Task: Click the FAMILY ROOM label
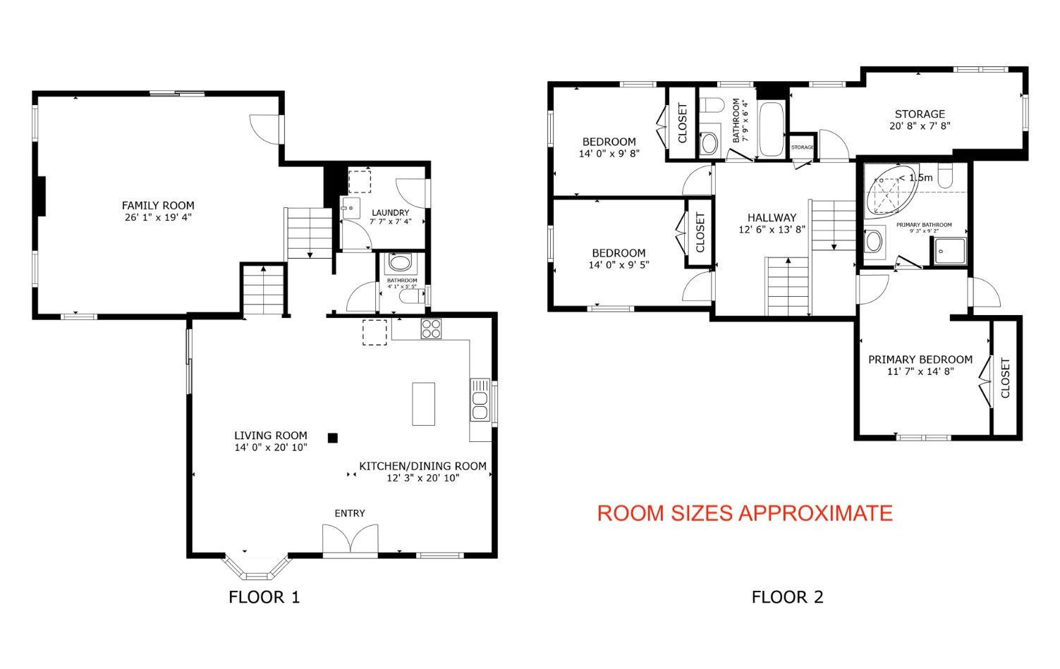coord(158,205)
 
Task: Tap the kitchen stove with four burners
coord(431,329)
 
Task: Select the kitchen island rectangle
coord(424,404)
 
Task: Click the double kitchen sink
coord(480,400)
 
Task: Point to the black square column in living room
coord(333,438)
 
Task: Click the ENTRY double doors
coord(351,539)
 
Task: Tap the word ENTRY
coord(350,513)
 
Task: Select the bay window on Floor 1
coord(256,567)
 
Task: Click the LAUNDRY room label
coord(391,213)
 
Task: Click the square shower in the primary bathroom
coord(949,251)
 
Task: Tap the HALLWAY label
coord(772,218)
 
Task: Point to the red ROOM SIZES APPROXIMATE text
coord(745,513)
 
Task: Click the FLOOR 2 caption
coord(788,597)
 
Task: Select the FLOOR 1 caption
coord(264,597)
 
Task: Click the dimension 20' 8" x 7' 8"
coord(920,126)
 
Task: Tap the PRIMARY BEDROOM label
coord(920,360)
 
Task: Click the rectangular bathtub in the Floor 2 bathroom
coord(772,129)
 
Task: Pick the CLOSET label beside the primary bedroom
coord(1006,378)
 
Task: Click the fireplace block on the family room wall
coord(41,196)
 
